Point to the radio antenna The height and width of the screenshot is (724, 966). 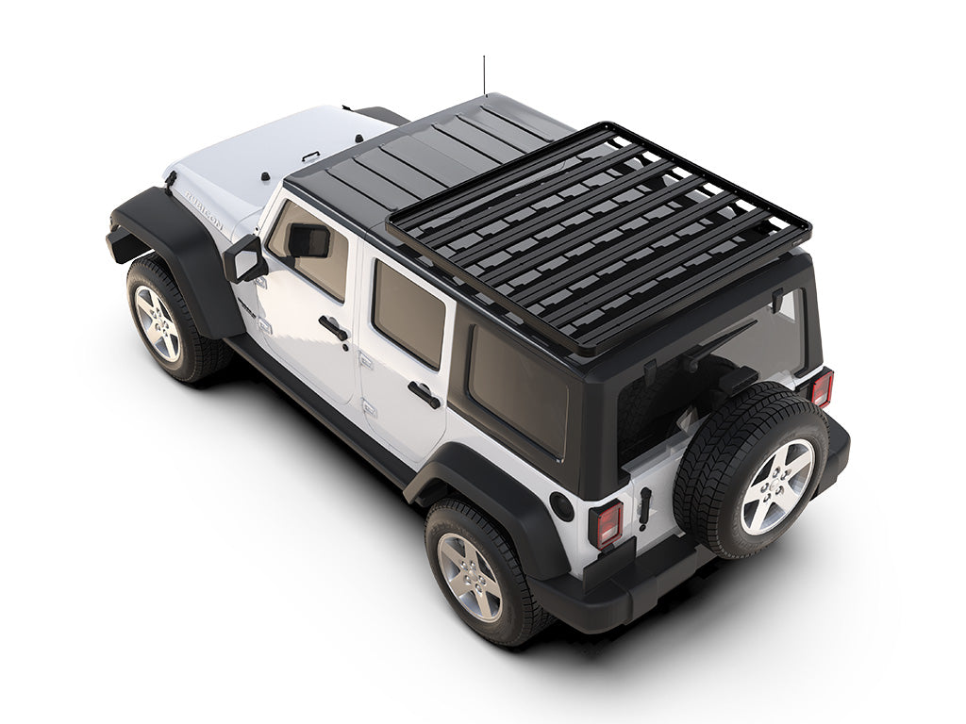pyautogui.click(x=484, y=75)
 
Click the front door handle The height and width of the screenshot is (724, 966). pyautogui.click(x=333, y=328)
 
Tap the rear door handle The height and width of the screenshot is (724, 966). pyautogui.click(x=424, y=394)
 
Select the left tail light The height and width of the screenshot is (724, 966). pyautogui.click(x=606, y=523)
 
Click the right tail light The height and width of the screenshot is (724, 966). pyautogui.click(x=822, y=387)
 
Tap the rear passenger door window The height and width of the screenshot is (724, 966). pyautogui.click(x=408, y=311)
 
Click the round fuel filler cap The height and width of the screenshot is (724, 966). pyautogui.click(x=563, y=505)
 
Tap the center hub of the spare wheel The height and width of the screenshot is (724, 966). pyautogui.click(x=775, y=485)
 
